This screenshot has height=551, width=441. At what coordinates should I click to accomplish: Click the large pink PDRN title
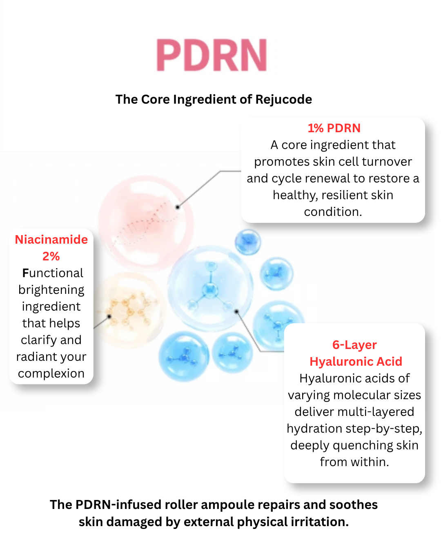point(212,55)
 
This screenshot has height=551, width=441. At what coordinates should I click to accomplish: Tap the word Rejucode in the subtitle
point(284,100)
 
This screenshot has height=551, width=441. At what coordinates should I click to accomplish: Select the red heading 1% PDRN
point(334,128)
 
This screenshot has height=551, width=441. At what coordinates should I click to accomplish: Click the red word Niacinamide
point(51,240)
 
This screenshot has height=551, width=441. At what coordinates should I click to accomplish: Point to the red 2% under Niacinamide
point(51,256)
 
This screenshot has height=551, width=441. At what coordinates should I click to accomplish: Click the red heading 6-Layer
point(354,345)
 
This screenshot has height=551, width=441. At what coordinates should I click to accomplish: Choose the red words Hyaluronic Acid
point(356,362)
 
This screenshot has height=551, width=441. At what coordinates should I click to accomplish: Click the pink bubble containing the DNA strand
point(146,223)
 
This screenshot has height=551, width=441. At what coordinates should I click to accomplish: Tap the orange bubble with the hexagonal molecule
point(129,310)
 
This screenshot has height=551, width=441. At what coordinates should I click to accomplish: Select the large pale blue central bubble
point(210,289)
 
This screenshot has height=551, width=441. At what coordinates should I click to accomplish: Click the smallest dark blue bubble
point(248,242)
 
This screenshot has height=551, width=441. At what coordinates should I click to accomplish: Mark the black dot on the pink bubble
point(178,207)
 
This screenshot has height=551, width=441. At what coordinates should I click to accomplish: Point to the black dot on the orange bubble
point(109,316)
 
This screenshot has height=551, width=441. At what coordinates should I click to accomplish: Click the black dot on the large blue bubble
point(236,311)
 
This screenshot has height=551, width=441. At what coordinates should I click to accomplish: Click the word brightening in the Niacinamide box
point(51,290)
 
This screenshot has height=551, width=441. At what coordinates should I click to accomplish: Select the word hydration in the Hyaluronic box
point(314,429)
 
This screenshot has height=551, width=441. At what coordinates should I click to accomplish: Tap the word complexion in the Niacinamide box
point(51,373)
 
